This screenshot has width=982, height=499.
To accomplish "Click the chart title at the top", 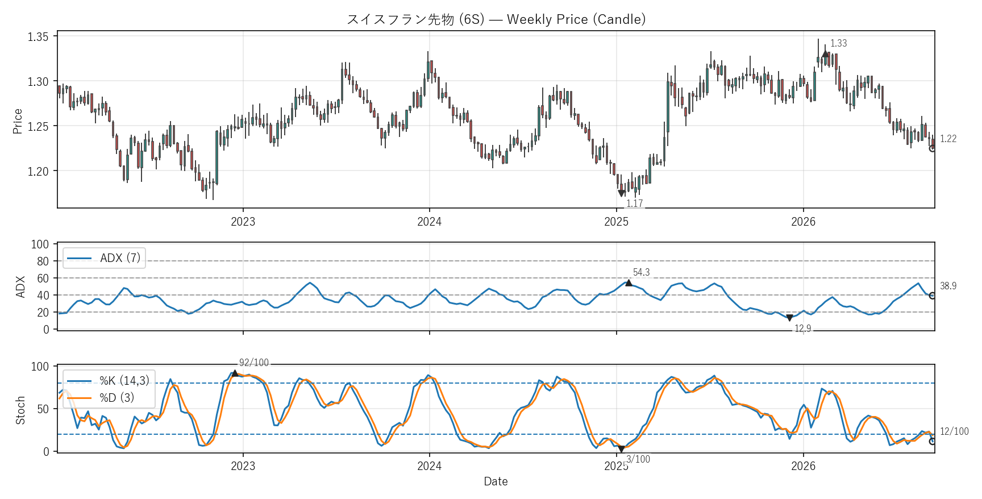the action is tap(496, 19).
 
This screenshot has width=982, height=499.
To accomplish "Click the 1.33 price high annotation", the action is tap(838, 43).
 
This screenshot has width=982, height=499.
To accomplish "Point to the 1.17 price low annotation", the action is tap(634, 203).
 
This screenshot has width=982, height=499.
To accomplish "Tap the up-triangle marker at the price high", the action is tap(825, 54).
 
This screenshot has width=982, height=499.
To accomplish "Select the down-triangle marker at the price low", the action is tap(621, 193).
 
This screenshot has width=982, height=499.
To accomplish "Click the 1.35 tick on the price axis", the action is tap(38, 37).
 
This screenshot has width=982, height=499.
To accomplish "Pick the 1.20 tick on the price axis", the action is tap(38, 171).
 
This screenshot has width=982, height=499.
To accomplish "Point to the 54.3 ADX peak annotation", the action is tap(642, 273).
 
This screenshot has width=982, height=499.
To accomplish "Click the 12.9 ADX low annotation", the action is tap(802, 328).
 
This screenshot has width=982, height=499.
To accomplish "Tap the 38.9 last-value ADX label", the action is tap(948, 286).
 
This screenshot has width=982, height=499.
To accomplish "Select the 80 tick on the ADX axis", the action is tap(43, 261).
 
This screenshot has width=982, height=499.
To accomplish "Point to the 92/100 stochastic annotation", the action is tap(254, 363).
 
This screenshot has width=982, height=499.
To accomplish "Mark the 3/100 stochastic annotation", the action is tap(638, 459).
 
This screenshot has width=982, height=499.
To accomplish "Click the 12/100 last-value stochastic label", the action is tap(954, 431).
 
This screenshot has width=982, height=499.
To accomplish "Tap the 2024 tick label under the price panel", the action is tap(430, 222).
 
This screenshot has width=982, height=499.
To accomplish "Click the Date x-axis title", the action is tap(496, 481).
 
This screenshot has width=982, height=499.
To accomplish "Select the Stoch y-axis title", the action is tap(20, 410).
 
